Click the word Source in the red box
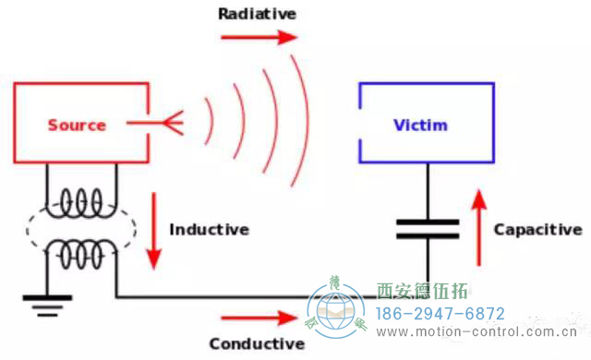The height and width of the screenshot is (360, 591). pos(77,125)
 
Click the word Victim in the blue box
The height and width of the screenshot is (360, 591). pos(421,125)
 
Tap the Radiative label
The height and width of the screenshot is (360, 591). pos(257,14)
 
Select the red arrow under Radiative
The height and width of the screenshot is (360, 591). pos(259,38)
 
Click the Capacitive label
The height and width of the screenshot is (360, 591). pos(537,229)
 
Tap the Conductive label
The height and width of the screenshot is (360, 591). pos(257,343)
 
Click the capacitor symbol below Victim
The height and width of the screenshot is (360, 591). pos(428,229)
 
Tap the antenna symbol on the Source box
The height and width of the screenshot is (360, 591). pos(167,122)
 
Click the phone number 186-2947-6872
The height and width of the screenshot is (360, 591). pos(439,313)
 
